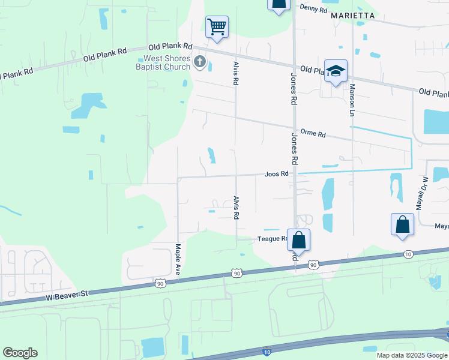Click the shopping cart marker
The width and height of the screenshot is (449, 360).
pyautogui.click(x=217, y=26)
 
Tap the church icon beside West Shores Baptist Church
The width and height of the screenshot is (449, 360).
pyautogui.click(x=200, y=61)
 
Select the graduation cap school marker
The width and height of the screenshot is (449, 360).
pyautogui.click(x=336, y=70)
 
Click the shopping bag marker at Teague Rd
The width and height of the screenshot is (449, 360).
pyautogui.click(x=298, y=239)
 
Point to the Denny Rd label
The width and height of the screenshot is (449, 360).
pyautogui.click(x=314, y=9)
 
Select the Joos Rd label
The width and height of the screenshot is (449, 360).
pyautogui.click(x=277, y=174)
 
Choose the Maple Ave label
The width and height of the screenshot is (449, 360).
pyautogui.click(x=178, y=260)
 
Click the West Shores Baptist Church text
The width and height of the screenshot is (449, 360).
pyautogui.click(x=167, y=62)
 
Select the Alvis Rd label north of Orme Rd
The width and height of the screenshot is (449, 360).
pyautogui.click(x=236, y=72)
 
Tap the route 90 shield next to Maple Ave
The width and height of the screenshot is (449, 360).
pyautogui.click(x=159, y=281)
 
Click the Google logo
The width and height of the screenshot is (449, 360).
pyautogui.click(x=20, y=353)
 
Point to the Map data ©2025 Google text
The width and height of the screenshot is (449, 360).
pyautogui.click(x=411, y=355)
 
